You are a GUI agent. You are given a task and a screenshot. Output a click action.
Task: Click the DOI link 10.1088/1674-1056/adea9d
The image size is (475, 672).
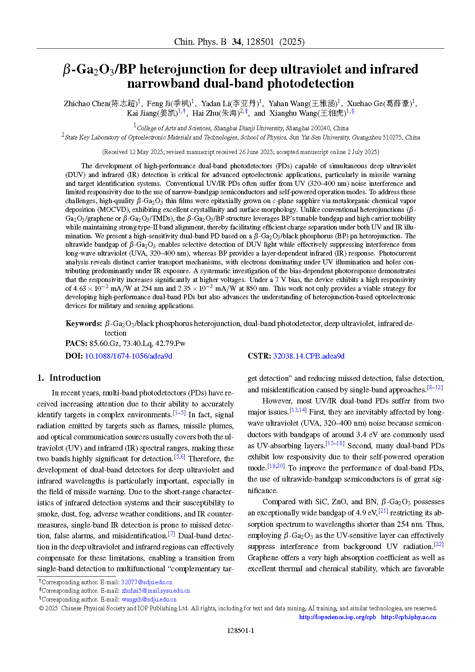pyautogui.click(x=128, y=356)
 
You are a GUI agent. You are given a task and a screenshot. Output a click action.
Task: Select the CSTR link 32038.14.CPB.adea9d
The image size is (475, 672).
pyautogui.click(x=309, y=356)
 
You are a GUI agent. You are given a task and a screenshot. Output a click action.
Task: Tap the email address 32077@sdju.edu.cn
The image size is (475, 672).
pyautogui.click(x=147, y=582)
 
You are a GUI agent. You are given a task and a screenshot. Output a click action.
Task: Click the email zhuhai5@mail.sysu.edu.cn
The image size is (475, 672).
pyautogui.click(x=156, y=591)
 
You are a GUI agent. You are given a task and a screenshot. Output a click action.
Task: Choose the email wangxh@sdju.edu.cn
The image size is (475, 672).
pyautogui.click(x=149, y=599)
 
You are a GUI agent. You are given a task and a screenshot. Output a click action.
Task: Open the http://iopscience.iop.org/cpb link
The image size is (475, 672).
pyautogui.click(x=337, y=617)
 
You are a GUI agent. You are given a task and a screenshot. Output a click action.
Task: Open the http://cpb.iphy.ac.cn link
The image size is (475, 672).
pyautogui.click(x=408, y=617)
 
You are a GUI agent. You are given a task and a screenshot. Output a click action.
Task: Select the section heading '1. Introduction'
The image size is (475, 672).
pyautogui.click(x=69, y=378)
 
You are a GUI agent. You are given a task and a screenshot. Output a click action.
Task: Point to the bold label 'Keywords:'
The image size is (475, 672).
pyautogui.click(x=84, y=323)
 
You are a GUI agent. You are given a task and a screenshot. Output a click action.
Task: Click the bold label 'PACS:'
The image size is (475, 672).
pyautogui.click(x=76, y=343)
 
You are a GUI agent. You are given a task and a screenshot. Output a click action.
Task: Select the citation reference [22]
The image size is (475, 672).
pyautogui.click(x=439, y=545)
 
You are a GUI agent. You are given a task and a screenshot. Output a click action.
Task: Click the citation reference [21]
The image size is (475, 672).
pyautogui.click(x=383, y=511)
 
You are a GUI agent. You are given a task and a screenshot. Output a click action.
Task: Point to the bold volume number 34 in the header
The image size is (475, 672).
pyautogui.click(x=237, y=42)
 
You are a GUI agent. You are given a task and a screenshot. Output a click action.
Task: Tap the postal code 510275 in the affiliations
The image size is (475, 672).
pyautogui.click(x=392, y=137)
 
